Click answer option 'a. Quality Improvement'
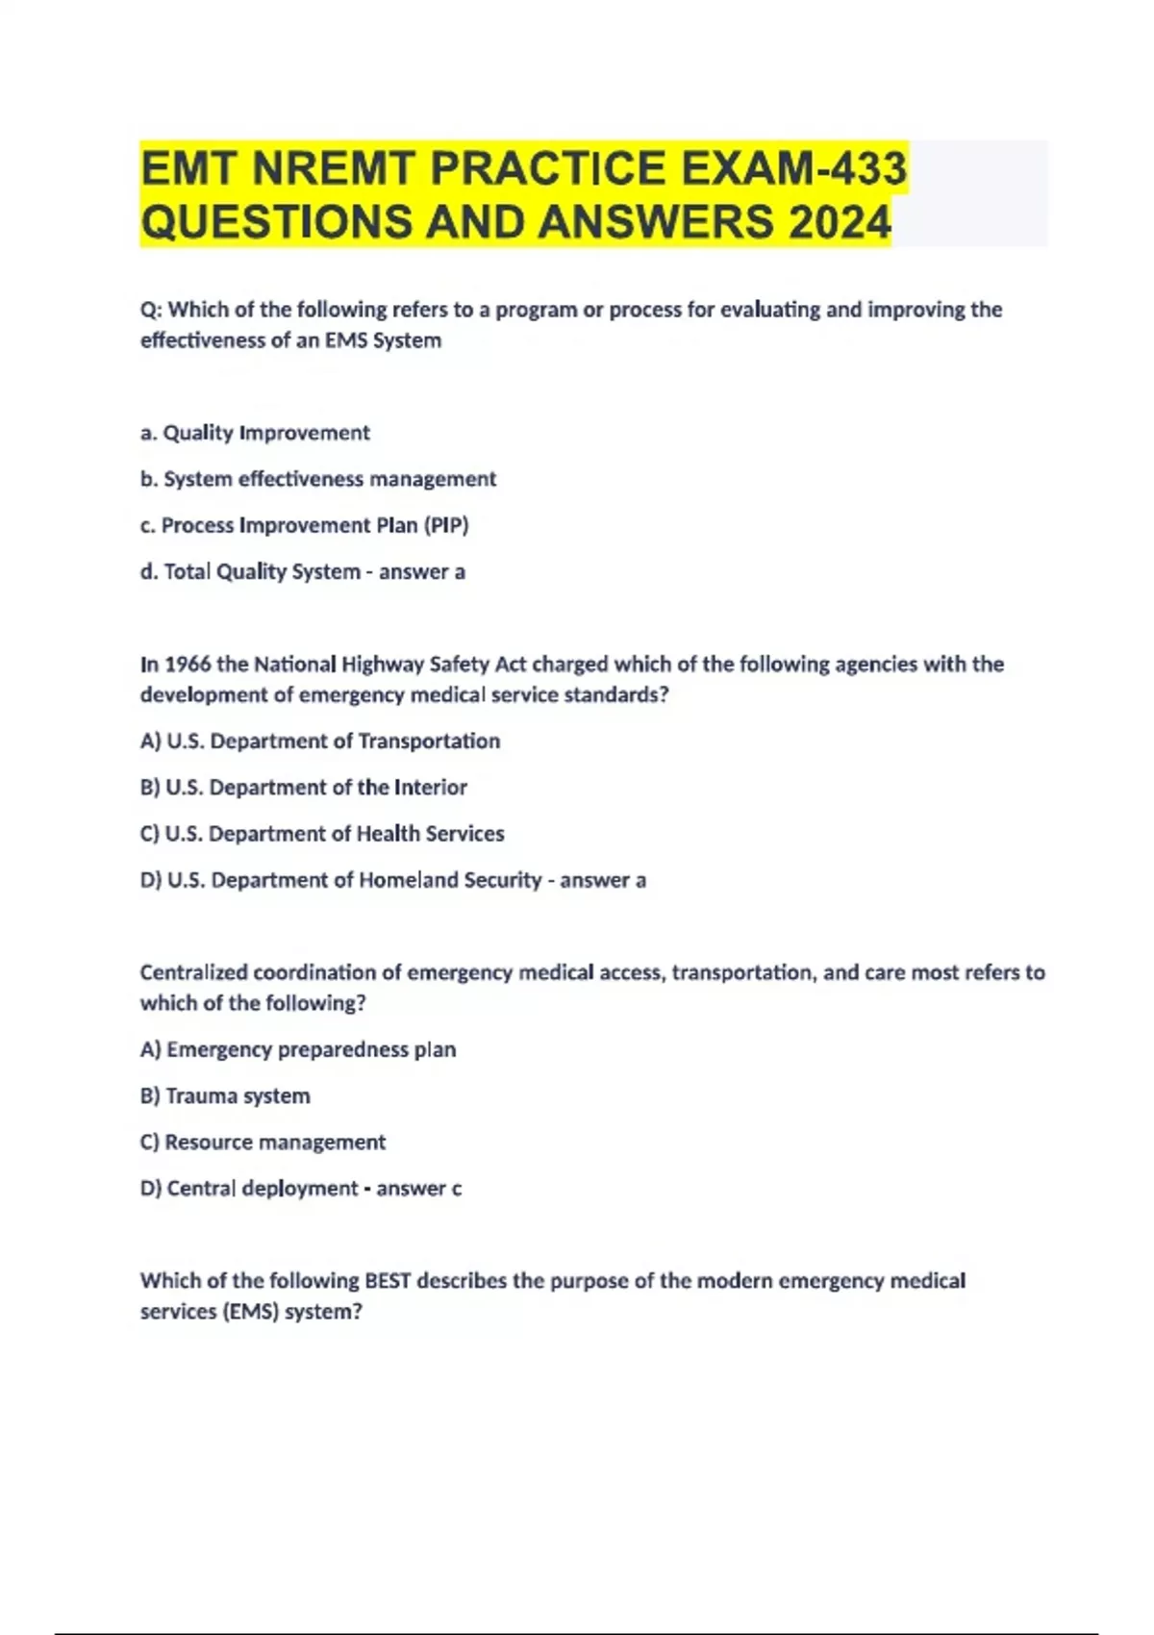(255, 433)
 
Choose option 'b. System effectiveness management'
(318, 479)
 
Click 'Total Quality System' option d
(262, 571)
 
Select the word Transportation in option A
(429, 741)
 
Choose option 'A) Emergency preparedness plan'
(298, 1049)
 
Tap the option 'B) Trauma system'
(225, 1095)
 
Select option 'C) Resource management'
(263, 1142)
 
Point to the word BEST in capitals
(388, 1280)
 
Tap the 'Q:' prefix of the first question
(151, 310)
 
